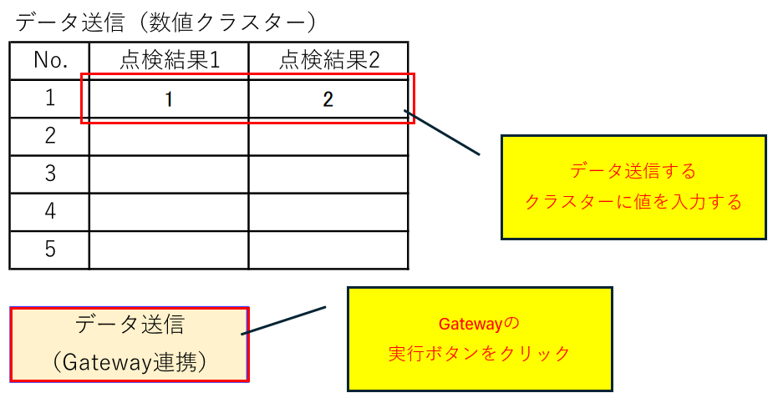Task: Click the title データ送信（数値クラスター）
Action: click(x=165, y=23)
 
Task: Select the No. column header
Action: click(x=50, y=60)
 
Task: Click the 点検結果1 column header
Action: click(x=169, y=60)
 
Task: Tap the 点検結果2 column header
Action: click(x=329, y=60)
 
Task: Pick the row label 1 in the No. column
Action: click(x=50, y=98)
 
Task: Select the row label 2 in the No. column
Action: click(x=50, y=136)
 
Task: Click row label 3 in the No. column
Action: click(x=50, y=174)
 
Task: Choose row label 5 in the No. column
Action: click(x=50, y=249)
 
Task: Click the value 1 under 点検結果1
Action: click(x=169, y=99)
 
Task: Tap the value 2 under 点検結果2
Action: click(x=328, y=99)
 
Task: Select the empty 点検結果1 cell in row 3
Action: click(x=169, y=174)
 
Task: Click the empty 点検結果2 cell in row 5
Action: click(x=328, y=249)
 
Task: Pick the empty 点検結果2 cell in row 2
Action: click(x=328, y=137)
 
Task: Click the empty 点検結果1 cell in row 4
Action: click(x=169, y=212)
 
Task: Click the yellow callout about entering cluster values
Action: click(x=633, y=187)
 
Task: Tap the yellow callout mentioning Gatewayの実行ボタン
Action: click(x=480, y=339)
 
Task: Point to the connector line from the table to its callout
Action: click(x=442, y=133)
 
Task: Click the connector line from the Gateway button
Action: click(x=283, y=320)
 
